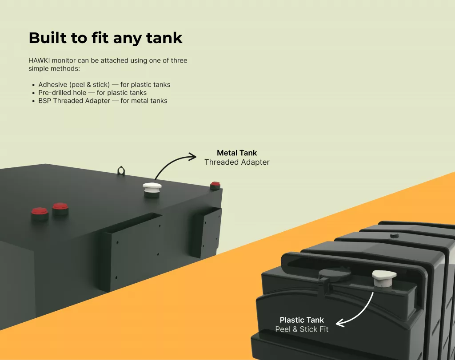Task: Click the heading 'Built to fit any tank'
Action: pyautogui.click(x=106, y=38)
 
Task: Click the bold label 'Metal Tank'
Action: pyautogui.click(x=237, y=153)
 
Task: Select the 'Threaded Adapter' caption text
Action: pyautogui.click(x=237, y=162)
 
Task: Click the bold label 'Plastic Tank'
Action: pyautogui.click(x=302, y=320)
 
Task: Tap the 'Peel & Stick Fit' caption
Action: pyautogui.click(x=302, y=329)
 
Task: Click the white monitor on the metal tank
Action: pyautogui.click(x=152, y=190)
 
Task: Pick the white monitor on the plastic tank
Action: pyautogui.click(x=384, y=279)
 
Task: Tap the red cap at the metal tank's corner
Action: pyautogui.click(x=215, y=186)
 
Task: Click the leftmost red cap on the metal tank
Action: pyautogui.click(x=40, y=214)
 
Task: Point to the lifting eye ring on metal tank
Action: pyautogui.click(x=121, y=171)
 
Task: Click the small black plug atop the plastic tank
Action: pyautogui.click(x=394, y=235)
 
